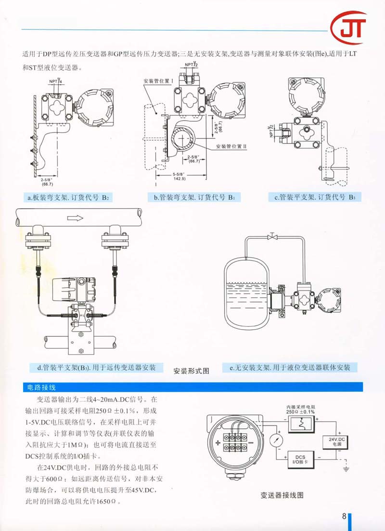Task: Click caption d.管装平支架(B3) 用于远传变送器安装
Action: pos(97,368)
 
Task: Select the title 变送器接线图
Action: pos(282,495)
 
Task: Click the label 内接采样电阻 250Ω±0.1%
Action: pos(300,410)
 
